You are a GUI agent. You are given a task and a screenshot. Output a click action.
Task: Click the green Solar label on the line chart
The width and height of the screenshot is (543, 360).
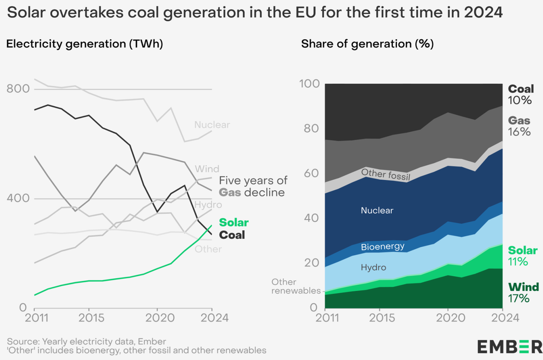pos(233,223)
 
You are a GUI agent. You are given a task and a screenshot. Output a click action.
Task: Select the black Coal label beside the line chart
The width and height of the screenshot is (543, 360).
pos(232,235)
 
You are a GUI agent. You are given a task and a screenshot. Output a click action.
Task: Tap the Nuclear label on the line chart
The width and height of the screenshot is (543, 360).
pos(212,125)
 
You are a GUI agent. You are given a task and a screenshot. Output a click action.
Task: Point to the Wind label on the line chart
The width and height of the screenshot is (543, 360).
pos(207,169)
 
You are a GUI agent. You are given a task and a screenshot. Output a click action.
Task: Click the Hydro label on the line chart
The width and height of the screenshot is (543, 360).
pos(208,205)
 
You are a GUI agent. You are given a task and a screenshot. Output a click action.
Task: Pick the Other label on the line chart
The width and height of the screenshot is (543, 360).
pos(208,249)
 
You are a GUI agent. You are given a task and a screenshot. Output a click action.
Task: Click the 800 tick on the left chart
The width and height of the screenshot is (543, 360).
pos(16,89)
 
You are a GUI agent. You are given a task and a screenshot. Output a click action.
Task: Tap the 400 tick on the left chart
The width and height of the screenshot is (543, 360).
pos(16,199)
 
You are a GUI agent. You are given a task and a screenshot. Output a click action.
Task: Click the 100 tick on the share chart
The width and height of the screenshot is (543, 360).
pos(309,84)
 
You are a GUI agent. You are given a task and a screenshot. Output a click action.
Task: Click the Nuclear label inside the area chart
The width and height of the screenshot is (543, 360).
pos(377,211)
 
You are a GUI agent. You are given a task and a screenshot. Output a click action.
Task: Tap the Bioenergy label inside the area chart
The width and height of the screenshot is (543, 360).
pos(382,247)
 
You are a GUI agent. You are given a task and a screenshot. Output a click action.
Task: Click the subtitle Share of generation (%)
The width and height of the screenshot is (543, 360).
pos(367,44)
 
